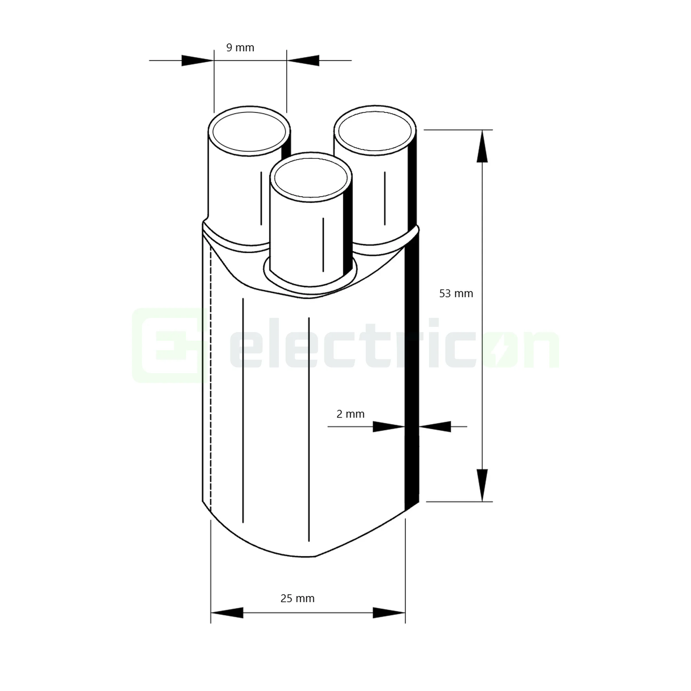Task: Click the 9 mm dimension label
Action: pyautogui.click(x=240, y=48)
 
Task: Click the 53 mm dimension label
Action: pyautogui.click(x=456, y=294)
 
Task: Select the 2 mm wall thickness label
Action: pyautogui.click(x=350, y=414)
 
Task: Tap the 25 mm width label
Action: pyautogui.click(x=297, y=599)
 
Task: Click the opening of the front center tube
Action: pyautogui.click(x=311, y=178)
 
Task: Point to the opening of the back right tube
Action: pyautogui.click(x=375, y=131)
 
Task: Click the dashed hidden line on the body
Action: pyautogui.click(x=211, y=376)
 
